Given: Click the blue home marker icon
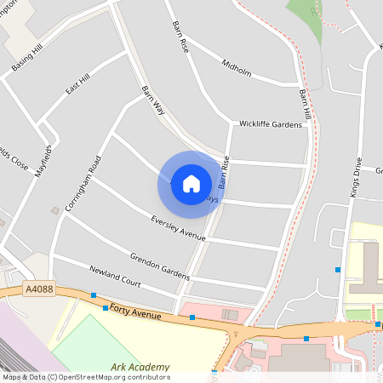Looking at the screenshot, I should (191, 183).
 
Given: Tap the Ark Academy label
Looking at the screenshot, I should (140, 368).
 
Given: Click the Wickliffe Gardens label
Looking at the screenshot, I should (271, 124).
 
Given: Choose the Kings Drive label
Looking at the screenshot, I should (356, 178).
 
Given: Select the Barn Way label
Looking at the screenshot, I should (152, 100).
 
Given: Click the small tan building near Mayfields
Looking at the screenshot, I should (55, 209).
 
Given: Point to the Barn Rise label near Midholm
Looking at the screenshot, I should (180, 37).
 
